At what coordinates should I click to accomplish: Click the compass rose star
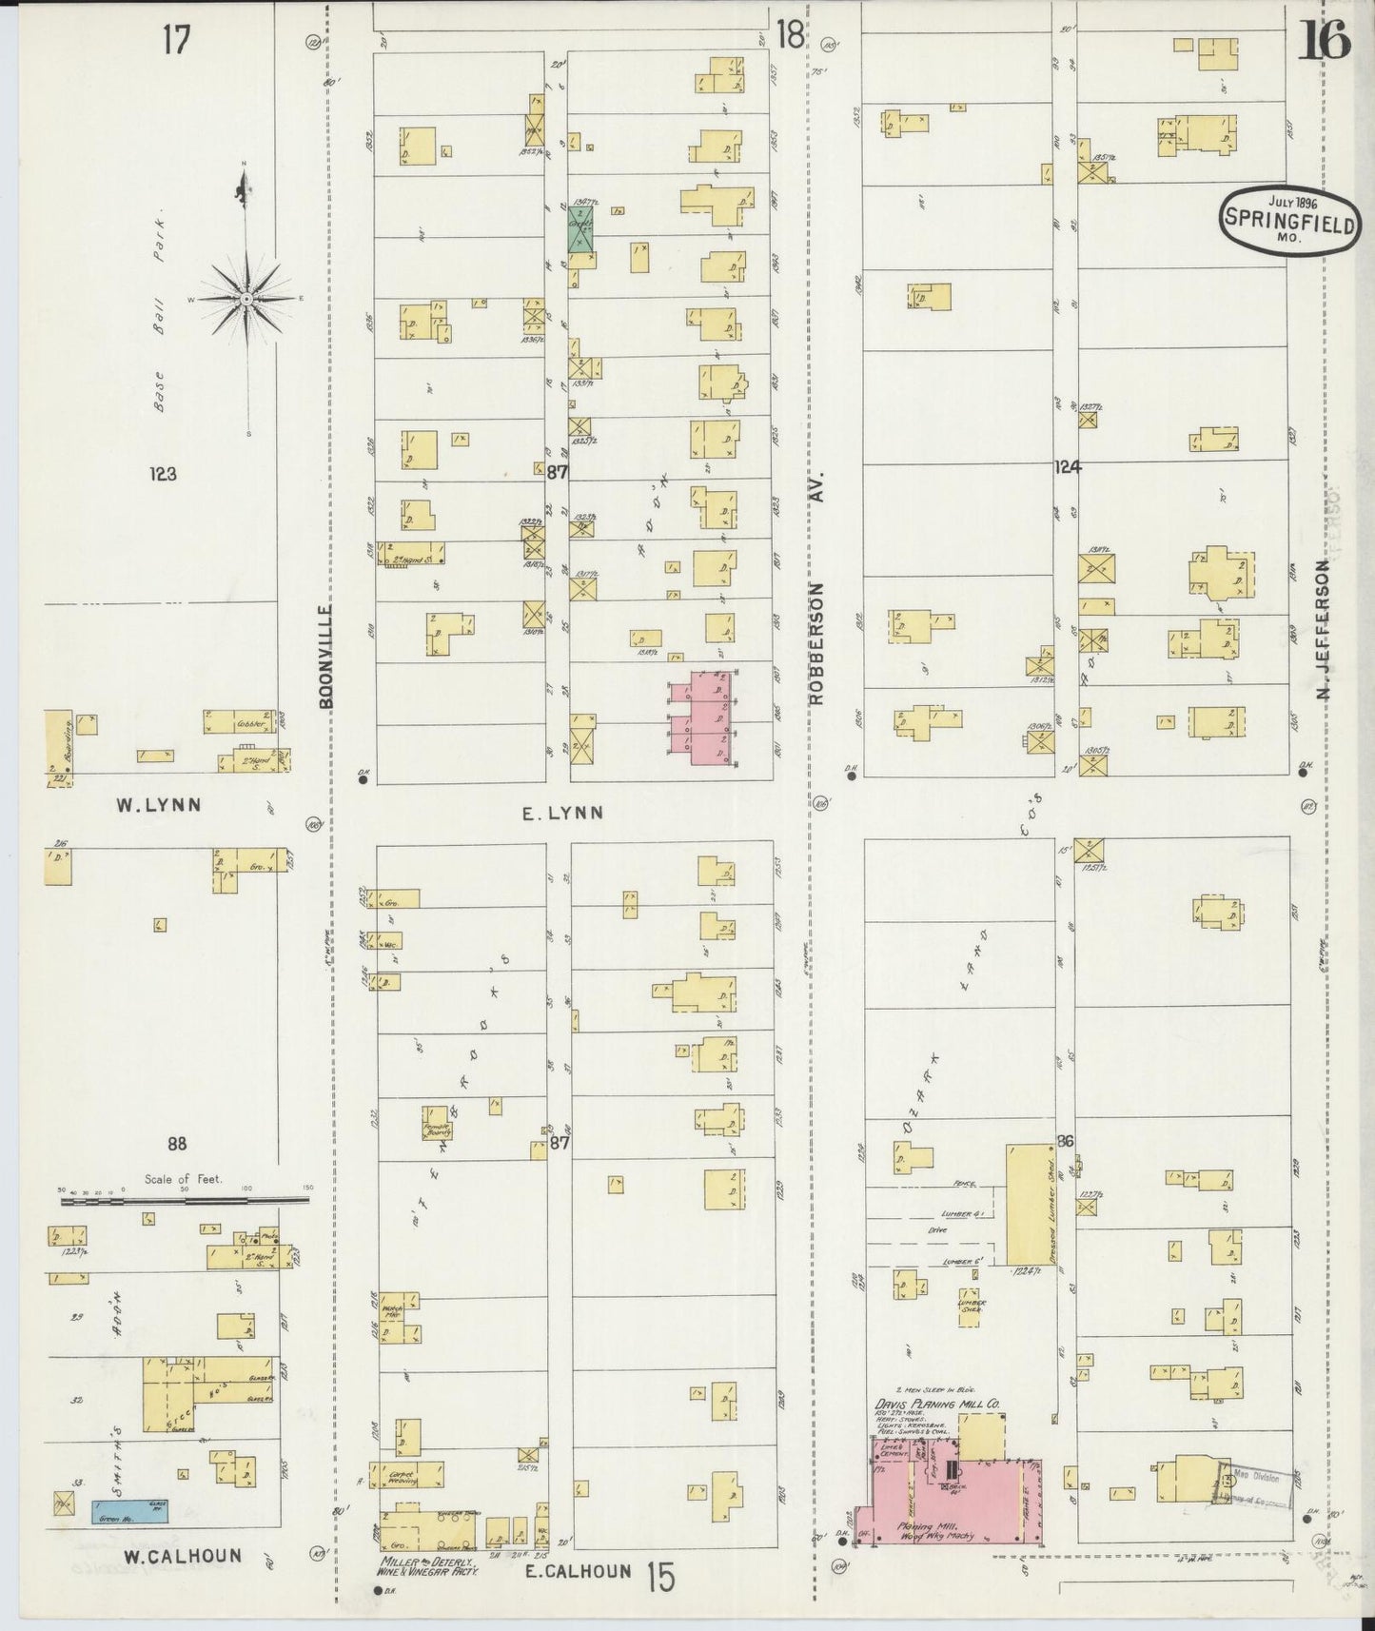click(x=246, y=299)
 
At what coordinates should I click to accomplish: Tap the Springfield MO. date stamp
click(x=1289, y=221)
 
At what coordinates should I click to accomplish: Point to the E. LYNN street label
click(x=562, y=813)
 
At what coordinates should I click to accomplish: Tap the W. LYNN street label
click(x=158, y=805)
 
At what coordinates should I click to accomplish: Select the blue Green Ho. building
click(x=137, y=1535)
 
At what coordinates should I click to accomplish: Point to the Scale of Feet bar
click(x=185, y=1201)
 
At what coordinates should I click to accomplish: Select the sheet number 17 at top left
click(x=176, y=40)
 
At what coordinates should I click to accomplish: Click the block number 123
click(x=163, y=473)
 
